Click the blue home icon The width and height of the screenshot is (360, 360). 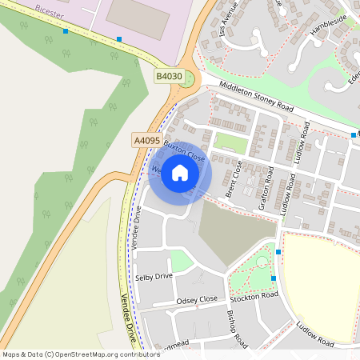pyautogui.click(x=180, y=174)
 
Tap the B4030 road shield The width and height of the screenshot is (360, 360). pyautogui.click(x=169, y=76)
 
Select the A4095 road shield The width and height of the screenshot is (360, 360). pyautogui.click(x=146, y=140)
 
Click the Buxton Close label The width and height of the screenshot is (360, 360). pyautogui.click(x=185, y=149)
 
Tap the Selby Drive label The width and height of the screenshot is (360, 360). pyautogui.click(x=154, y=276)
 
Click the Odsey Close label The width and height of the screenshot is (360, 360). pyautogui.click(x=197, y=300)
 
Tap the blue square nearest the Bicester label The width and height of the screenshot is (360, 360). pyautogui.click(x=66, y=31)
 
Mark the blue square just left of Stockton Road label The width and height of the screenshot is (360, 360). pyautogui.click(x=274, y=278)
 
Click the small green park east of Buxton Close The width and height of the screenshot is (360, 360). pyautogui.click(x=230, y=142)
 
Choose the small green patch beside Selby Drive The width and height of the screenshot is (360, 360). pyautogui.click(x=182, y=261)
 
